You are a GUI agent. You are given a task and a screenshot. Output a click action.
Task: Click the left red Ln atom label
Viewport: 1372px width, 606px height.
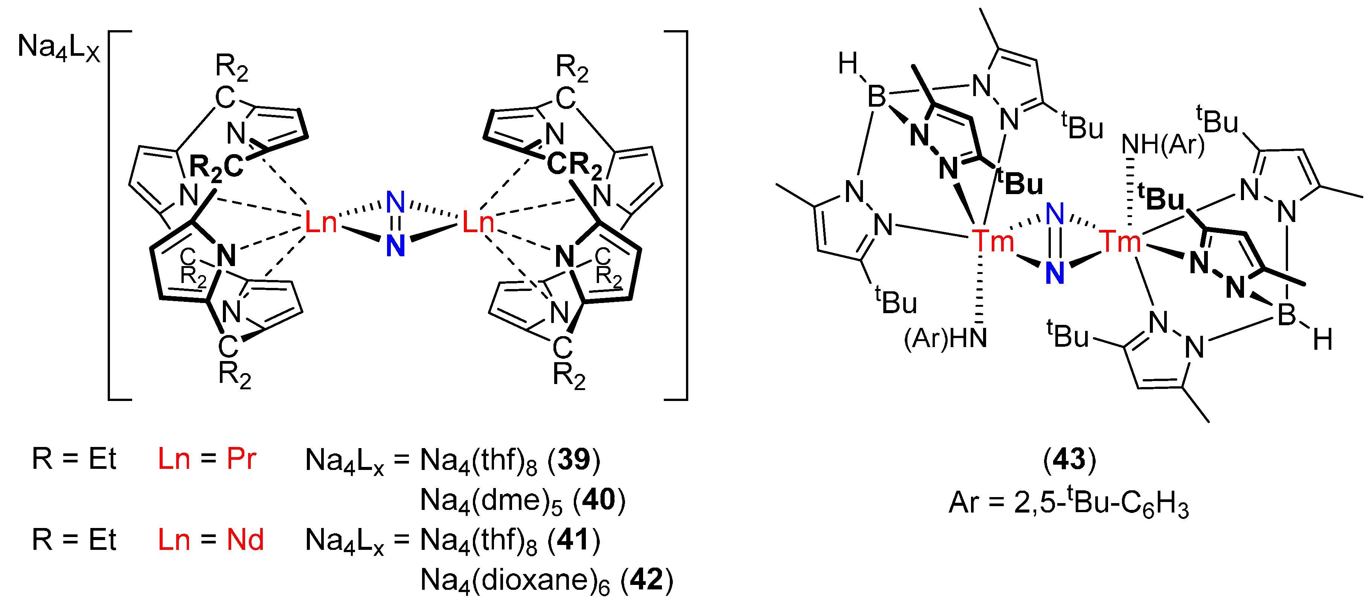click(x=321, y=222)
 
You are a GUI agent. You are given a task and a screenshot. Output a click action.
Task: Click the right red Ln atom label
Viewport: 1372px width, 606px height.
click(x=478, y=222)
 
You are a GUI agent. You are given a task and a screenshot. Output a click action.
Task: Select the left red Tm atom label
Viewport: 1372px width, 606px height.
click(x=993, y=241)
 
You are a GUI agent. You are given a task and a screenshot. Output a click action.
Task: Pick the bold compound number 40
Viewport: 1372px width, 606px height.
click(x=599, y=499)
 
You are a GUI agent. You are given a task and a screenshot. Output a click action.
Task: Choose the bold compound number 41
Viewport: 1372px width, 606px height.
click(x=574, y=539)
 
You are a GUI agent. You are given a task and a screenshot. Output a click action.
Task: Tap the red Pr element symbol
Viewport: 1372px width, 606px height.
click(x=241, y=458)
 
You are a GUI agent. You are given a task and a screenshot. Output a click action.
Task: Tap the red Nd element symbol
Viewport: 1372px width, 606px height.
click(x=245, y=539)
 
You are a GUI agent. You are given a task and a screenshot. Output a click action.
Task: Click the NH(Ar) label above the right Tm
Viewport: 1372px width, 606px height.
click(x=1163, y=144)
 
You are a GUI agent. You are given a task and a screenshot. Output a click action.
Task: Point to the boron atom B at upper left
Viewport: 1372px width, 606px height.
click(x=877, y=97)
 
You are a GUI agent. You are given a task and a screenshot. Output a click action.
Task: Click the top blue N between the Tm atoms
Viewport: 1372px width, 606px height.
click(x=1055, y=214)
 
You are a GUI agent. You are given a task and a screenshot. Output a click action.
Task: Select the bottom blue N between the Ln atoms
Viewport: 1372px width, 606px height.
click(x=395, y=246)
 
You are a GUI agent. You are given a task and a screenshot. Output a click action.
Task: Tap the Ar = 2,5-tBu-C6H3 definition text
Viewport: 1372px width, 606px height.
click(x=1069, y=503)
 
